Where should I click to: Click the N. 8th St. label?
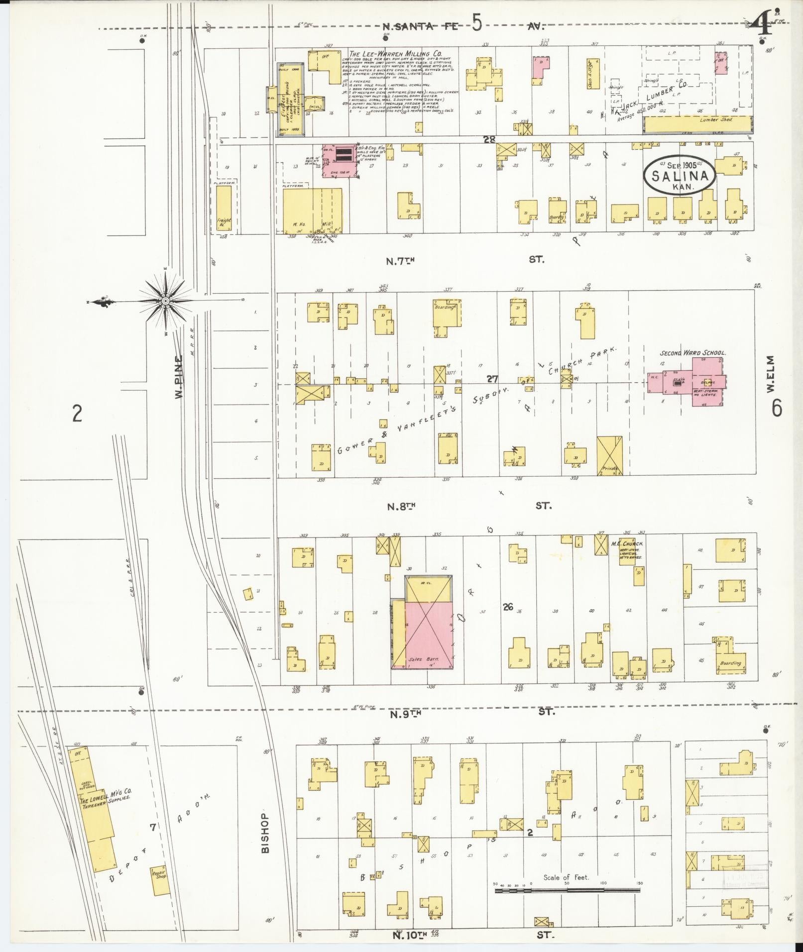pyautogui.click(x=401, y=506)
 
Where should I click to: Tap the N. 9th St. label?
pyautogui.click(x=405, y=714)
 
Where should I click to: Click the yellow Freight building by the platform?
pyautogui.click(x=224, y=208)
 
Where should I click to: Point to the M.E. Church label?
pyautogui.click(x=627, y=543)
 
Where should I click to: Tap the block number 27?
pyautogui.click(x=492, y=379)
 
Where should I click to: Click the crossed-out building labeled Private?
pyautogui.click(x=609, y=455)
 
